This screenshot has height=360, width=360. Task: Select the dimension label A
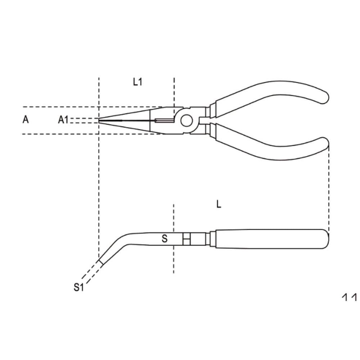(x=26, y=120)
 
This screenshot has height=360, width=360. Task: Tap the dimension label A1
(x=63, y=120)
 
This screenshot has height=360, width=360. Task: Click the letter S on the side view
(x=165, y=239)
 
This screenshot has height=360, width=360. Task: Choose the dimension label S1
(x=78, y=287)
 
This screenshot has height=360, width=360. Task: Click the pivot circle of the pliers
(x=186, y=121)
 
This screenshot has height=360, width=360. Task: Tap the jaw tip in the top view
(x=100, y=121)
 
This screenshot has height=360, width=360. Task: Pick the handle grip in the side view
(x=270, y=239)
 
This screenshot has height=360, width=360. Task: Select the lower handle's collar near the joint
(x=212, y=130)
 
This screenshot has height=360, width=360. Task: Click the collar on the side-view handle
(x=212, y=239)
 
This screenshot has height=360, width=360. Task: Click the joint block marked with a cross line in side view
(x=186, y=239)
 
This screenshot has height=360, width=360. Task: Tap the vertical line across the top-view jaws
(x=150, y=121)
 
